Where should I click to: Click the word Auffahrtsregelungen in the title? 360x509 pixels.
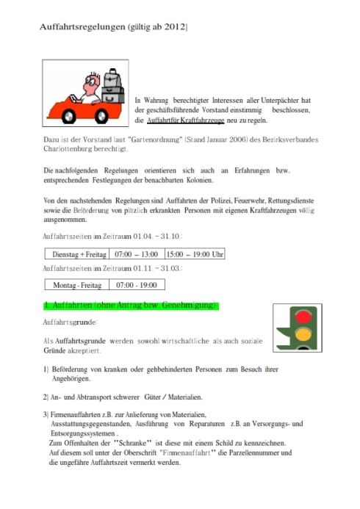tap(82, 27)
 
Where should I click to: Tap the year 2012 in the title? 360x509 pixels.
tap(175, 26)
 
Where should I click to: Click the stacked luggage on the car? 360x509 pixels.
tap(112, 86)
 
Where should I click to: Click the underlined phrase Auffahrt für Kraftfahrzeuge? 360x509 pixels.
tap(185, 120)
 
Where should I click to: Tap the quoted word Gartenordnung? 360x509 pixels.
tap(156, 140)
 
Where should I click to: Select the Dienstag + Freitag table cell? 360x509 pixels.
tap(77, 254)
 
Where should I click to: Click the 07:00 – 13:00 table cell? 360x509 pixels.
tap(137, 254)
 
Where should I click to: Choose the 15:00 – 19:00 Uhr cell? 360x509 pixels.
tap(195, 254)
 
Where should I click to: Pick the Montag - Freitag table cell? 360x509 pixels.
tap(77, 285)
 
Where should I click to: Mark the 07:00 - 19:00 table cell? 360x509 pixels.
tap(137, 285)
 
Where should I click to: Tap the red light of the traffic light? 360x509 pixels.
tap(303, 317)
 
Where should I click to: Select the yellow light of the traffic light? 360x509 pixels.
tap(303, 334)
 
